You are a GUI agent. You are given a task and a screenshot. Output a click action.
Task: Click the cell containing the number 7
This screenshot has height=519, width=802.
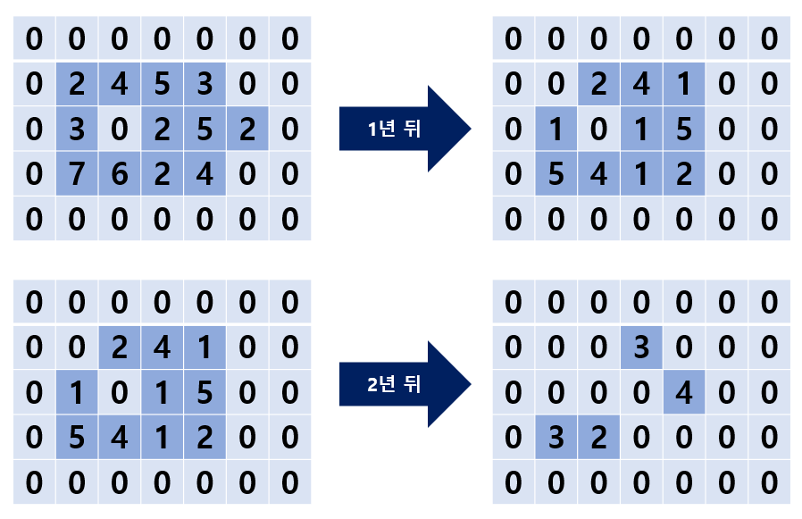[77, 173]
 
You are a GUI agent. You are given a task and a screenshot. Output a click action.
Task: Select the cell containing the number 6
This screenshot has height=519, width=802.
[120, 173]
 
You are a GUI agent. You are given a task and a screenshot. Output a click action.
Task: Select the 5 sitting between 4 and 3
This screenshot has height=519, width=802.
[163, 84]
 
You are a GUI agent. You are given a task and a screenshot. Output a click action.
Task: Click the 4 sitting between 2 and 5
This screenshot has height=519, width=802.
[120, 84]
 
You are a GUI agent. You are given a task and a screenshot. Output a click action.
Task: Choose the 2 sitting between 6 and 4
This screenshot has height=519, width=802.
[163, 173]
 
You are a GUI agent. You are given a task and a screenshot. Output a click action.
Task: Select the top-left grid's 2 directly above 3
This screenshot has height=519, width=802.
[77, 84]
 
